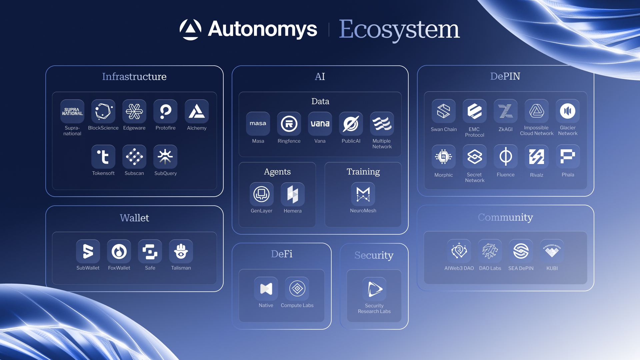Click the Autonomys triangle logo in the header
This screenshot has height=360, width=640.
point(190,29)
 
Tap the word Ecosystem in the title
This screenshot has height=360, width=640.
point(399,29)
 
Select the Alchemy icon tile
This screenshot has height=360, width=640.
point(197,111)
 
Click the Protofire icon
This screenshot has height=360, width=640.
point(165,111)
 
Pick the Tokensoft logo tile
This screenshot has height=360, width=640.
point(103,157)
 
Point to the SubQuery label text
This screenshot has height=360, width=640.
point(165,173)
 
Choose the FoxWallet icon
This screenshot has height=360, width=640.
point(119,251)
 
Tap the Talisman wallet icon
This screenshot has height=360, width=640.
point(181,251)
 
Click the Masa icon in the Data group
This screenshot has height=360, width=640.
point(258,124)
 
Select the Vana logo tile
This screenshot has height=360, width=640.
point(320,124)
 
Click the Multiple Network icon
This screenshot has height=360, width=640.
point(382,124)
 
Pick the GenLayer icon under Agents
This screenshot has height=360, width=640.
point(262,194)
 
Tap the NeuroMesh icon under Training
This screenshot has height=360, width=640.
point(363,194)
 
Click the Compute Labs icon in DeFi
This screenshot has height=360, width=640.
point(297,289)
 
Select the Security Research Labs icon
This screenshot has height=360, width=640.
point(374,289)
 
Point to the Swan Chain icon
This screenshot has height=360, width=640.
point(444,111)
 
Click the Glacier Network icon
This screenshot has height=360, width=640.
point(568,111)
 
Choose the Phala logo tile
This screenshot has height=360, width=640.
point(568,157)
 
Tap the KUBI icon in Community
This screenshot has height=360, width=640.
point(552,251)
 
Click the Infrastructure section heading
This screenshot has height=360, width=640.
point(134,77)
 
